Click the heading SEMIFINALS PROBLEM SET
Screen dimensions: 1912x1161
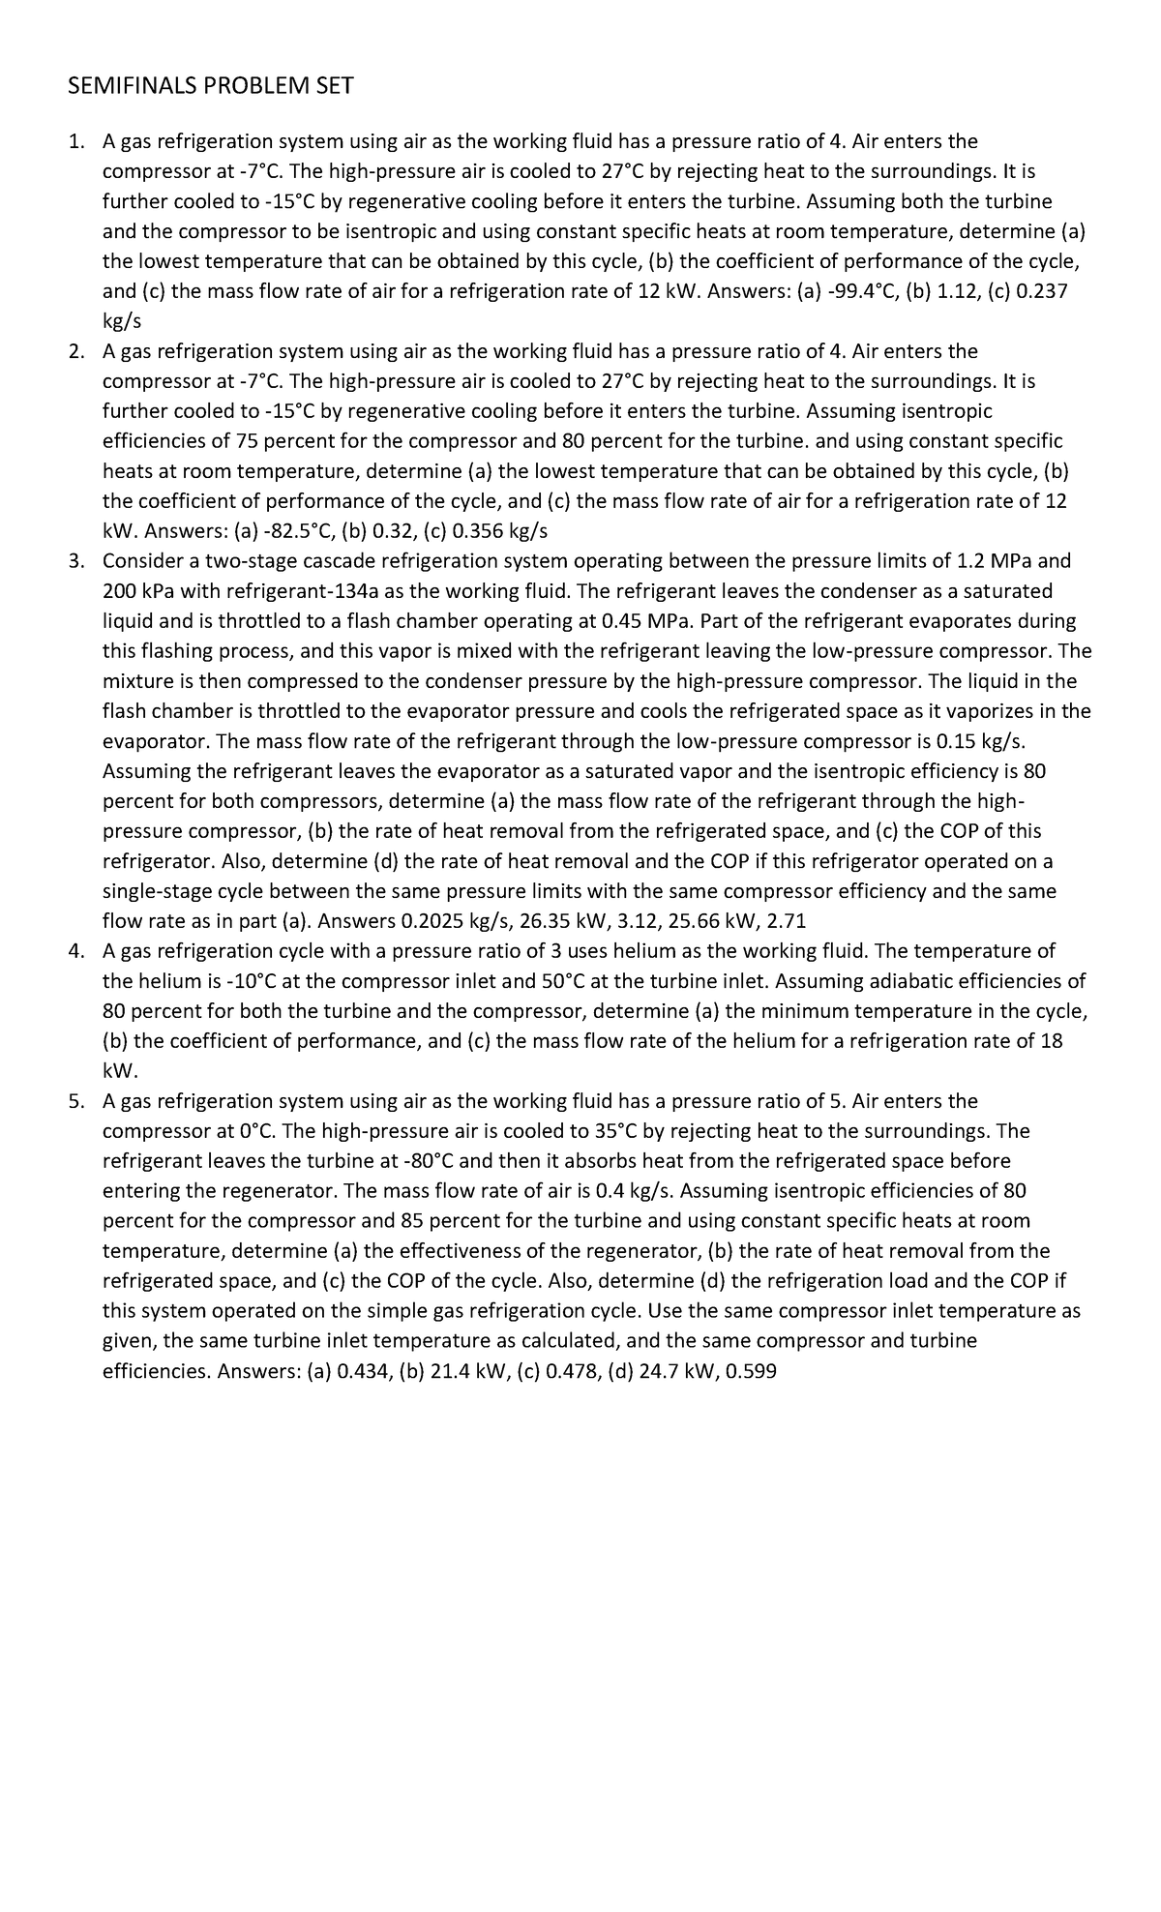point(211,87)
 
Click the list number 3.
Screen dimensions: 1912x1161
point(76,561)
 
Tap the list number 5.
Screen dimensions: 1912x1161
point(76,1101)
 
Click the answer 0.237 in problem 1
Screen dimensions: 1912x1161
point(1041,291)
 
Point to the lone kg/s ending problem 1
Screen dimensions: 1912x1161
point(122,321)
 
